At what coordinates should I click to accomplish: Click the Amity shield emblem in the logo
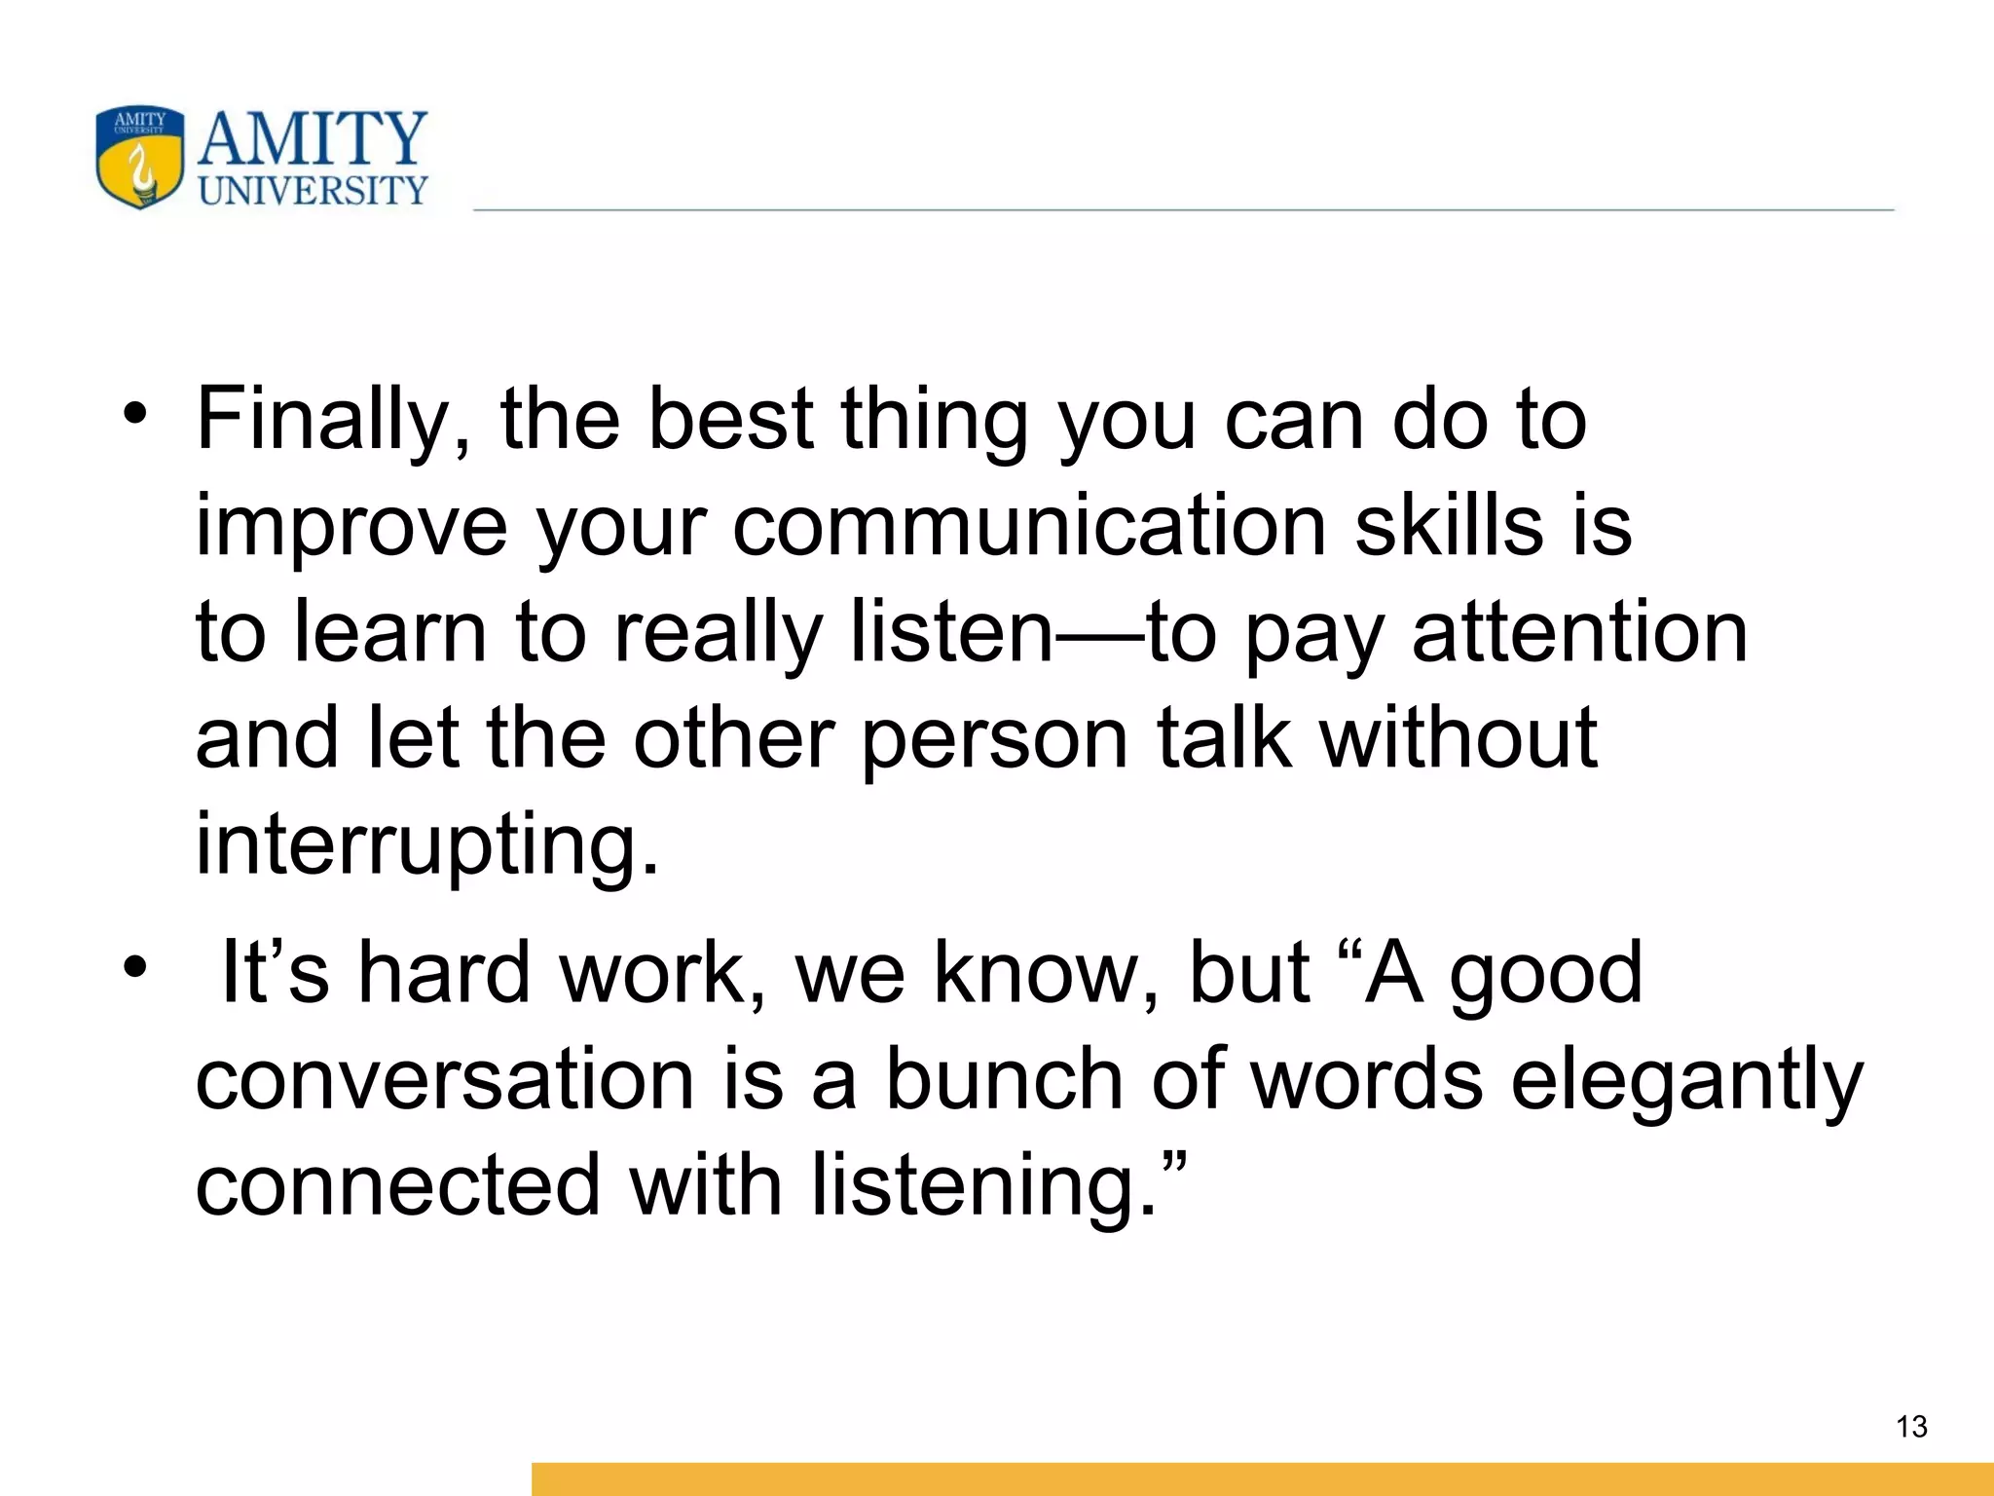pos(140,158)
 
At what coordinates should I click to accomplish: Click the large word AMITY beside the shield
pos(313,138)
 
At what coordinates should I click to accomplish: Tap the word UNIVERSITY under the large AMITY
pos(313,190)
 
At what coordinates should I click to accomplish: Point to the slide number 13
pos(1911,1427)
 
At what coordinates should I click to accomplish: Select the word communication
pos(1029,526)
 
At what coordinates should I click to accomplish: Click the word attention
pos(1579,633)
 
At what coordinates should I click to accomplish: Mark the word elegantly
pos(1686,1081)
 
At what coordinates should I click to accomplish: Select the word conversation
pos(445,1081)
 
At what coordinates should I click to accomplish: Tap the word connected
pos(397,1186)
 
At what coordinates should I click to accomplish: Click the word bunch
pos(1005,1081)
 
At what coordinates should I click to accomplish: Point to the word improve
pos(351,528)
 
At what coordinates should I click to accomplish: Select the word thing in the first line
pos(934,421)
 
